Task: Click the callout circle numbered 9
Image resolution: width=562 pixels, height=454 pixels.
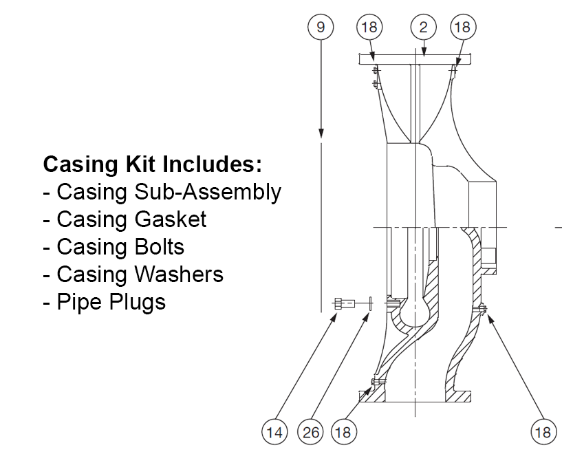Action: tap(321, 27)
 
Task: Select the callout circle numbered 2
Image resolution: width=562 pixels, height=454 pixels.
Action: tap(424, 27)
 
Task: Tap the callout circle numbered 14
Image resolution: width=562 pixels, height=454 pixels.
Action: tap(274, 432)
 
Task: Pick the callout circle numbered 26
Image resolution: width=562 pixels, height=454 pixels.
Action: tap(310, 432)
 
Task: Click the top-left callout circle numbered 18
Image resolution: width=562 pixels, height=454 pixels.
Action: tap(369, 27)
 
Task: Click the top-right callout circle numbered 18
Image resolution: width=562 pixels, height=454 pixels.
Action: tap(462, 27)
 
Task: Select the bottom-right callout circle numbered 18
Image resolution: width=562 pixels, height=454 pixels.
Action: tap(542, 432)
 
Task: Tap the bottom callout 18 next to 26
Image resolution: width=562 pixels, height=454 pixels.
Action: tap(343, 432)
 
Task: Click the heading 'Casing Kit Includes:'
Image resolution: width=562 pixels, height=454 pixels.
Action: tap(153, 164)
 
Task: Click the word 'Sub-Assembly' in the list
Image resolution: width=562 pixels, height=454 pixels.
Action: tap(207, 192)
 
